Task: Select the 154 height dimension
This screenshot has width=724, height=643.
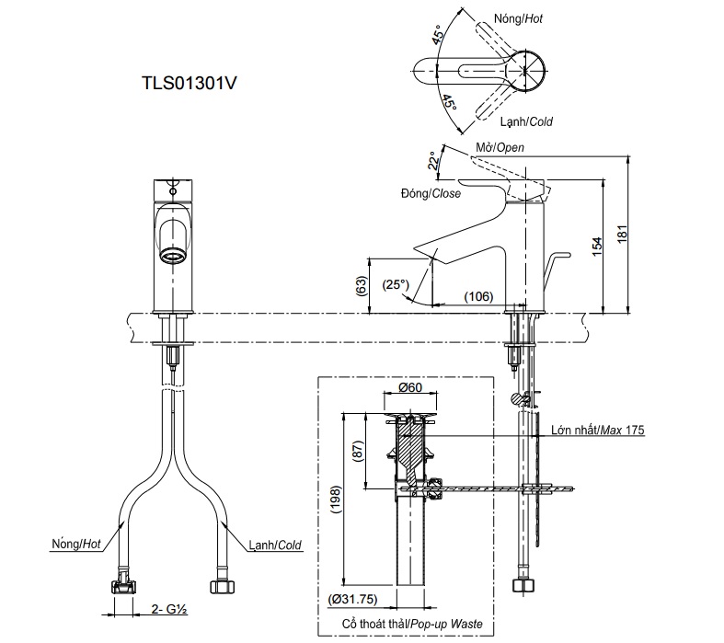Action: pyautogui.click(x=596, y=244)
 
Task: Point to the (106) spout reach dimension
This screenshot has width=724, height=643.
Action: pyautogui.click(x=477, y=295)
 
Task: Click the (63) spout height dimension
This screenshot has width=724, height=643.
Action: pyautogui.click(x=360, y=287)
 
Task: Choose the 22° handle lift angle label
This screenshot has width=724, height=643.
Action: pyautogui.click(x=431, y=161)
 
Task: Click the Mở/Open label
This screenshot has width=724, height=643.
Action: pyautogui.click(x=500, y=147)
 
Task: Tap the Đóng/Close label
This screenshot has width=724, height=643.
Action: pyautogui.click(x=431, y=194)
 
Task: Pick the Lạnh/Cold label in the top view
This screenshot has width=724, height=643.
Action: pyautogui.click(x=526, y=121)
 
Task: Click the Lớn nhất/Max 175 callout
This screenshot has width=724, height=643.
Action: pyautogui.click(x=597, y=430)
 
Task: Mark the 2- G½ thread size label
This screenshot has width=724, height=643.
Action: pyautogui.click(x=168, y=608)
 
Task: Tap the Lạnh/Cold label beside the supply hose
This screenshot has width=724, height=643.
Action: pyautogui.click(x=276, y=545)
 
